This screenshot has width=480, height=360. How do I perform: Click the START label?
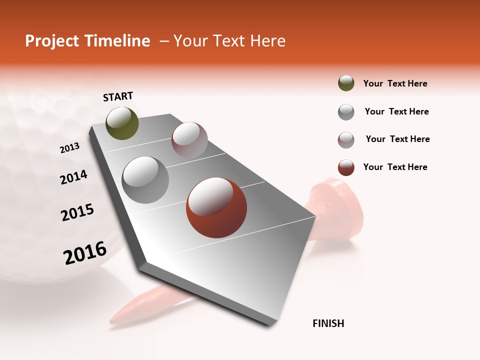[118, 96]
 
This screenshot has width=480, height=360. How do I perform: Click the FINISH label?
[328, 323]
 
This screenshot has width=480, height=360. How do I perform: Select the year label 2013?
[69, 148]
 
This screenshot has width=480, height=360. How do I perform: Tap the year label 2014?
[73, 177]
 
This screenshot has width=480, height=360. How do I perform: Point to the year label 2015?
[77, 212]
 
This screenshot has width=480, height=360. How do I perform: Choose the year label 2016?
[85, 253]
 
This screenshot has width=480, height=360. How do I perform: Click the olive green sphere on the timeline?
[122, 123]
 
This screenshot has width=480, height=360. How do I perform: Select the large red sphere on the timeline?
[216, 207]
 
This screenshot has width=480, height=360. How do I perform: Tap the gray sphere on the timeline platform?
[145, 180]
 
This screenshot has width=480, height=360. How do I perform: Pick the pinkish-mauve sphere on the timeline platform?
[189, 139]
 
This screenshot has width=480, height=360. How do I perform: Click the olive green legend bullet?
[346, 83]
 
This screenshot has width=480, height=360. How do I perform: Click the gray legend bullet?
[346, 112]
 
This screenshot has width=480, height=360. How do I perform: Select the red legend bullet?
[346, 167]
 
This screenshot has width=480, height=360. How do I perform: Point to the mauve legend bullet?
[346, 140]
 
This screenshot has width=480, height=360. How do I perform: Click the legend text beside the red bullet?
[395, 167]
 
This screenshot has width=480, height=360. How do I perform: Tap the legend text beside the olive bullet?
[395, 83]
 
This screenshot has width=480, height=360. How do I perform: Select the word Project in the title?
[51, 41]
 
